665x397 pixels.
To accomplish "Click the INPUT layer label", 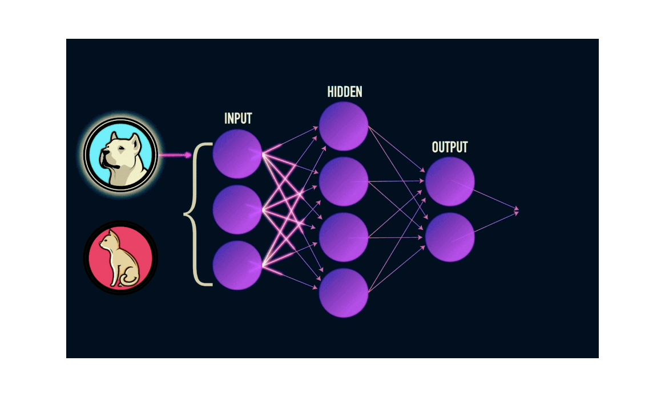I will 238,119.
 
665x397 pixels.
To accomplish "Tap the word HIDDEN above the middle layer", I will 345,92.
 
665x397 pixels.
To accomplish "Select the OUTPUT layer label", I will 450,147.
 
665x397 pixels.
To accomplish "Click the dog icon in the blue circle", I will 120,155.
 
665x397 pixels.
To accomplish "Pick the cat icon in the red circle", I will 120,257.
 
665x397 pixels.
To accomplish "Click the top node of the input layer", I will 237,154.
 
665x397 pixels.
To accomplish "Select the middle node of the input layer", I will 237,209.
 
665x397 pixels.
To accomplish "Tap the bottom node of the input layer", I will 237,265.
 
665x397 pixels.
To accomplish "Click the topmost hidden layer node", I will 344,126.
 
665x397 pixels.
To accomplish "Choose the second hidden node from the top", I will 344,181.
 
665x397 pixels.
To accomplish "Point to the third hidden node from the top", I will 344,237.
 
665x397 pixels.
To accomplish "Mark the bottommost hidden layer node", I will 344,293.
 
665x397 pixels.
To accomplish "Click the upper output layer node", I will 450,181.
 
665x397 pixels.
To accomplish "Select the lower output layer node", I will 450,237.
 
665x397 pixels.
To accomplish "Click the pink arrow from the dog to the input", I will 175,155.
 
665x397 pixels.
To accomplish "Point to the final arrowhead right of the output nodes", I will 517,211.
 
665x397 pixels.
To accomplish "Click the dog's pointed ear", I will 134,139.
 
